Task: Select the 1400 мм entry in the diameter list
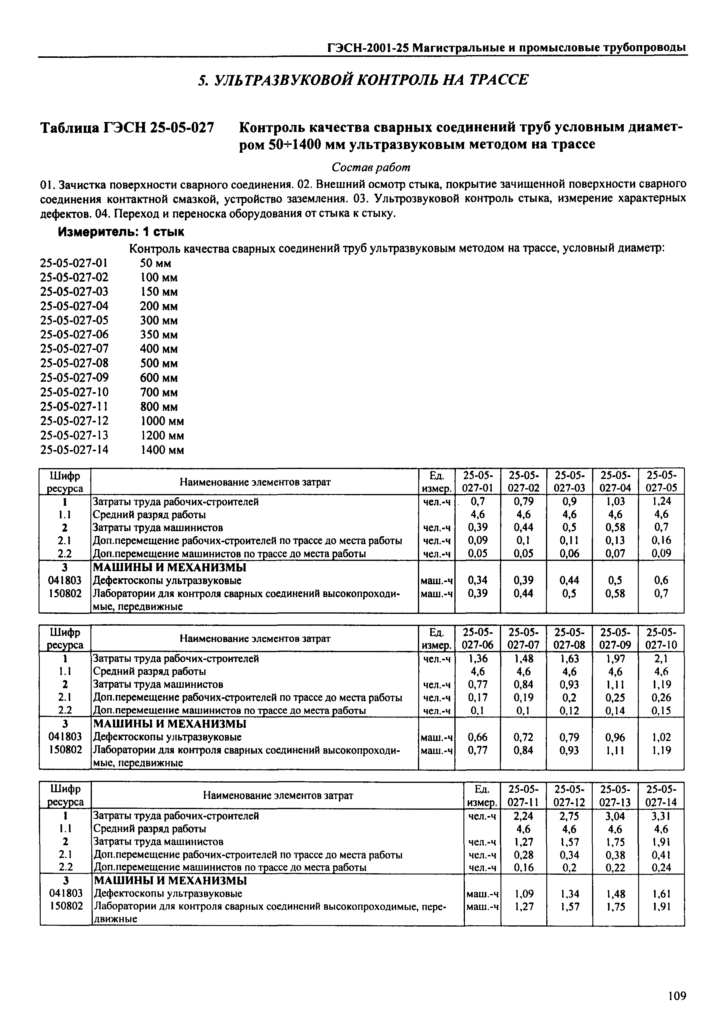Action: click(x=162, y=450)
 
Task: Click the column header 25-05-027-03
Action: click(x=569, y=481)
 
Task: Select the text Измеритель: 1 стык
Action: click(x=121, y=232)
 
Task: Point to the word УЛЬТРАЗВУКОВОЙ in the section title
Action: click(x=283, y=80)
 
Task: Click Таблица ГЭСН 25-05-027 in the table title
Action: click(x=127, y=129)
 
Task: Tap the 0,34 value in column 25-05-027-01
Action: click(x=477, y=580)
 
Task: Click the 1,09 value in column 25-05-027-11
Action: click(x=524, y=894)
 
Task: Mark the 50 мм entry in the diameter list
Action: click(x=156, y=263)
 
